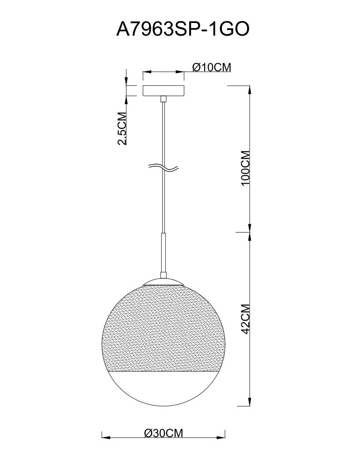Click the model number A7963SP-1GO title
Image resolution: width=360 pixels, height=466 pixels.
pos(182,30)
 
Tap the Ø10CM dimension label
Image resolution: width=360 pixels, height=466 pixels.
pos(211,68)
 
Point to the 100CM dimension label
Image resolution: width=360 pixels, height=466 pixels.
pos(246,168)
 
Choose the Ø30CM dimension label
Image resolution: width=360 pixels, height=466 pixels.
pos(163,433)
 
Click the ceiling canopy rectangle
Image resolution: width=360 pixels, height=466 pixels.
pos(163,91)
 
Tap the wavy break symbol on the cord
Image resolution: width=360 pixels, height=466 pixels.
pos(164,168)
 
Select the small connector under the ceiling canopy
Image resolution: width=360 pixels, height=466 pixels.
pos(163,99)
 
